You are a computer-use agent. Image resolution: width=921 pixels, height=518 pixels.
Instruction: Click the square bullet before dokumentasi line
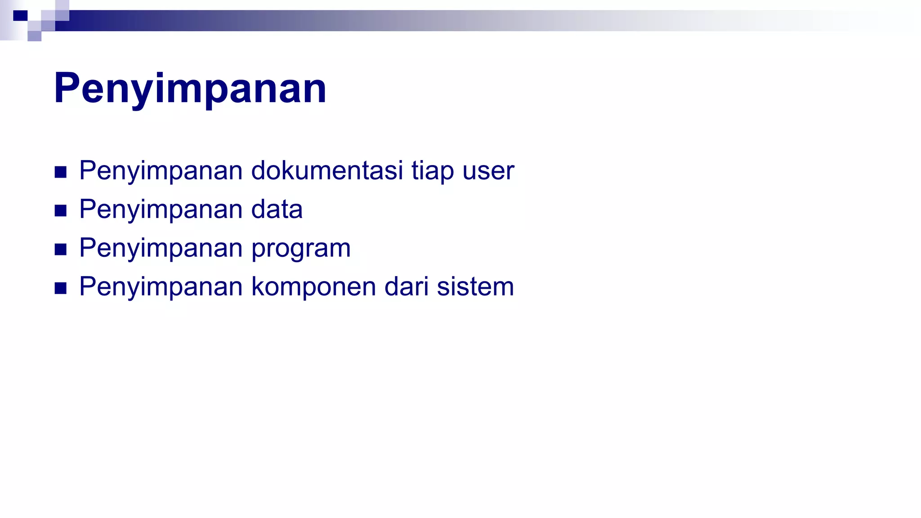pyautogui.click(x=61, y=172)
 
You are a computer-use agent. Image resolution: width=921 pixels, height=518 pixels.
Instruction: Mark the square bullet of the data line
pyautogui.click(x=61, y=210)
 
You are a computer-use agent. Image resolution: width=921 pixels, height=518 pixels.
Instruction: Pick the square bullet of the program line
pyautogui.click(x=61, y=249)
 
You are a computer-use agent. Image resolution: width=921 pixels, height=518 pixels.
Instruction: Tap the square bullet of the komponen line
pyautogui.click(x=61, y=288)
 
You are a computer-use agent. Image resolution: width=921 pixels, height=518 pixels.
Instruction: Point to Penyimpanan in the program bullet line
pyautogui.click(x=161, y=248)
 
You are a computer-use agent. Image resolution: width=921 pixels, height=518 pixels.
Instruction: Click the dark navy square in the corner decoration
pyautogui.click(x=20, y=16)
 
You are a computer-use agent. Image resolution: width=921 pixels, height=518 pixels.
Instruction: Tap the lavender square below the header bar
pyautogui.click(x=35, y=36)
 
